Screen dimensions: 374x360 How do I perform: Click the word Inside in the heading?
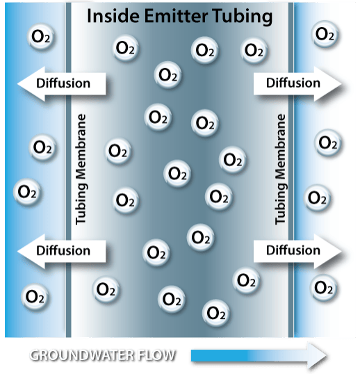(x=111, y=16)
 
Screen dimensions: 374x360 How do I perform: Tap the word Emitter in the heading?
(x=174, y=16)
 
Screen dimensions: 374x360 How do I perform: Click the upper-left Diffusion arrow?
(x=61, y=83)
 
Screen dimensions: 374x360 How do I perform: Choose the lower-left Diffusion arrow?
(x=61, y=250)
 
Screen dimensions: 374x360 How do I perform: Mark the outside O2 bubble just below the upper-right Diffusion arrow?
(x=328, y=143)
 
